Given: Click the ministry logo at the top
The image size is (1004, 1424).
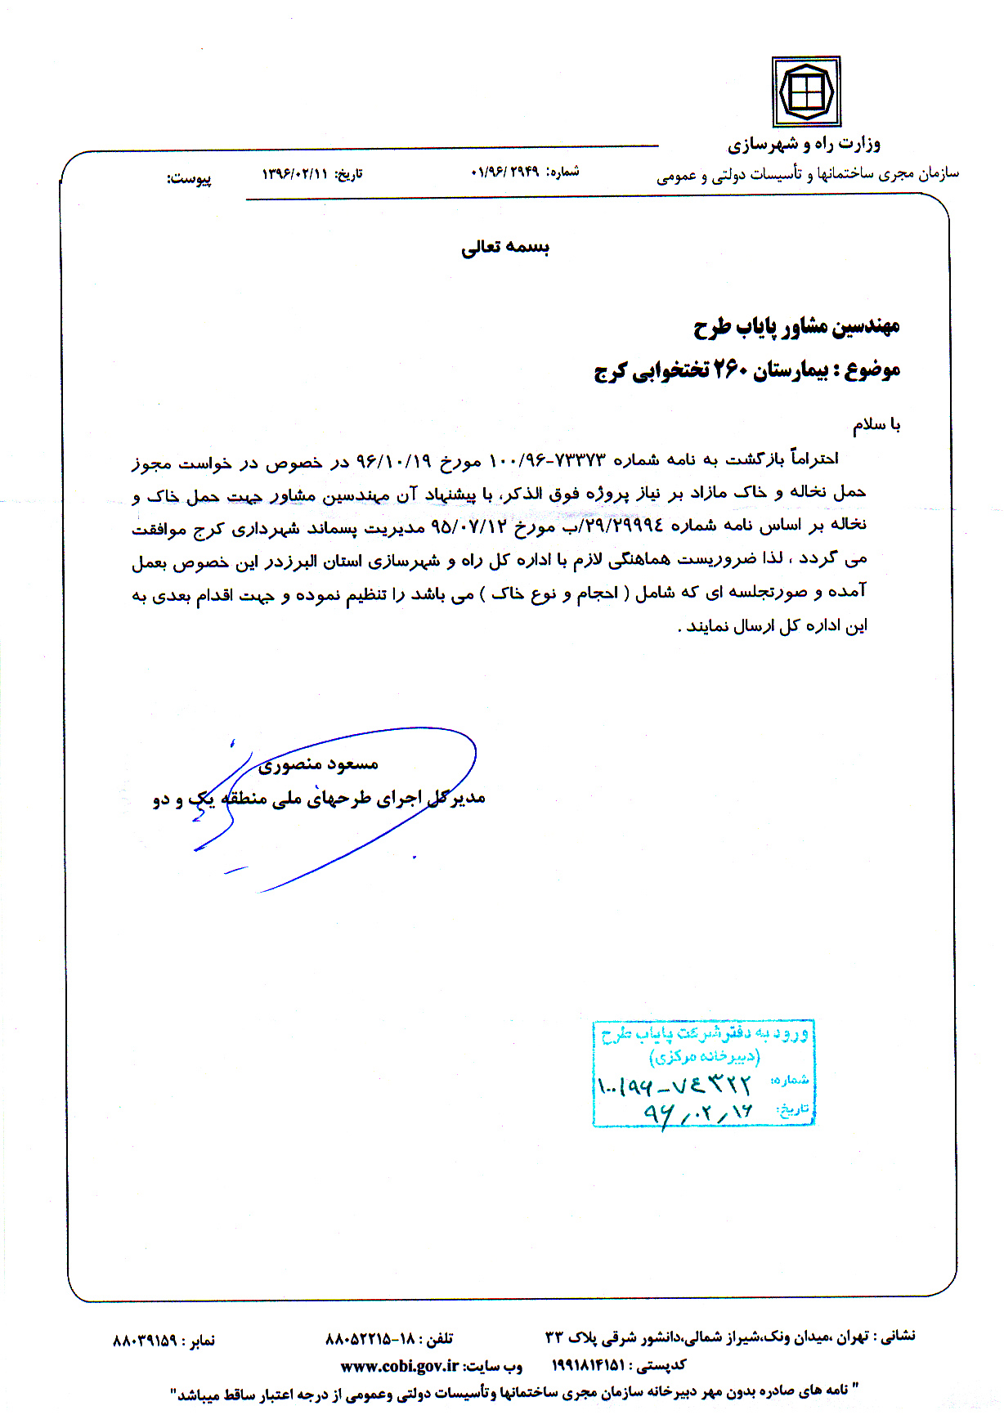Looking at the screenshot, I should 806,90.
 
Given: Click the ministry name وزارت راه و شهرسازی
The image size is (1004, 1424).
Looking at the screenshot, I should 804,145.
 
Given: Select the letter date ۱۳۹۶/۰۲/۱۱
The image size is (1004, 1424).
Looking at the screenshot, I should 294,174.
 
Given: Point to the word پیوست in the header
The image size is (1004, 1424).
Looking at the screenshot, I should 190,178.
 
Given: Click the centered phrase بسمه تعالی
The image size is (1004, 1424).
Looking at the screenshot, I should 505,247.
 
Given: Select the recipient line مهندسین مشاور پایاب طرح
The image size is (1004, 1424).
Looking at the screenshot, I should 796,327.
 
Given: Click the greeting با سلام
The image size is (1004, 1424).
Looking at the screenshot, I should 876,424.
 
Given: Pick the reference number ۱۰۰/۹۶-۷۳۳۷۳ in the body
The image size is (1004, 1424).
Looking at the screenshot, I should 547,460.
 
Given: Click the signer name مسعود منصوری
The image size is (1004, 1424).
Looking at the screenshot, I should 318,765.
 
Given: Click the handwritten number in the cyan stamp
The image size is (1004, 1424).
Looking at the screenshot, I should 674,1086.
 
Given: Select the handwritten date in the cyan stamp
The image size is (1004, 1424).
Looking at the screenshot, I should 697,1112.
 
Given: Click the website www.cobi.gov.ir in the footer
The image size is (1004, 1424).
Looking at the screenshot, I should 399,1366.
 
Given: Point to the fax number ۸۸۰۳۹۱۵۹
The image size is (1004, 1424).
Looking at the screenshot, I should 145,1341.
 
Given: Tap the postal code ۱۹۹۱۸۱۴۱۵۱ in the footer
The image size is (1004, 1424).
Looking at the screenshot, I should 589,1365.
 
